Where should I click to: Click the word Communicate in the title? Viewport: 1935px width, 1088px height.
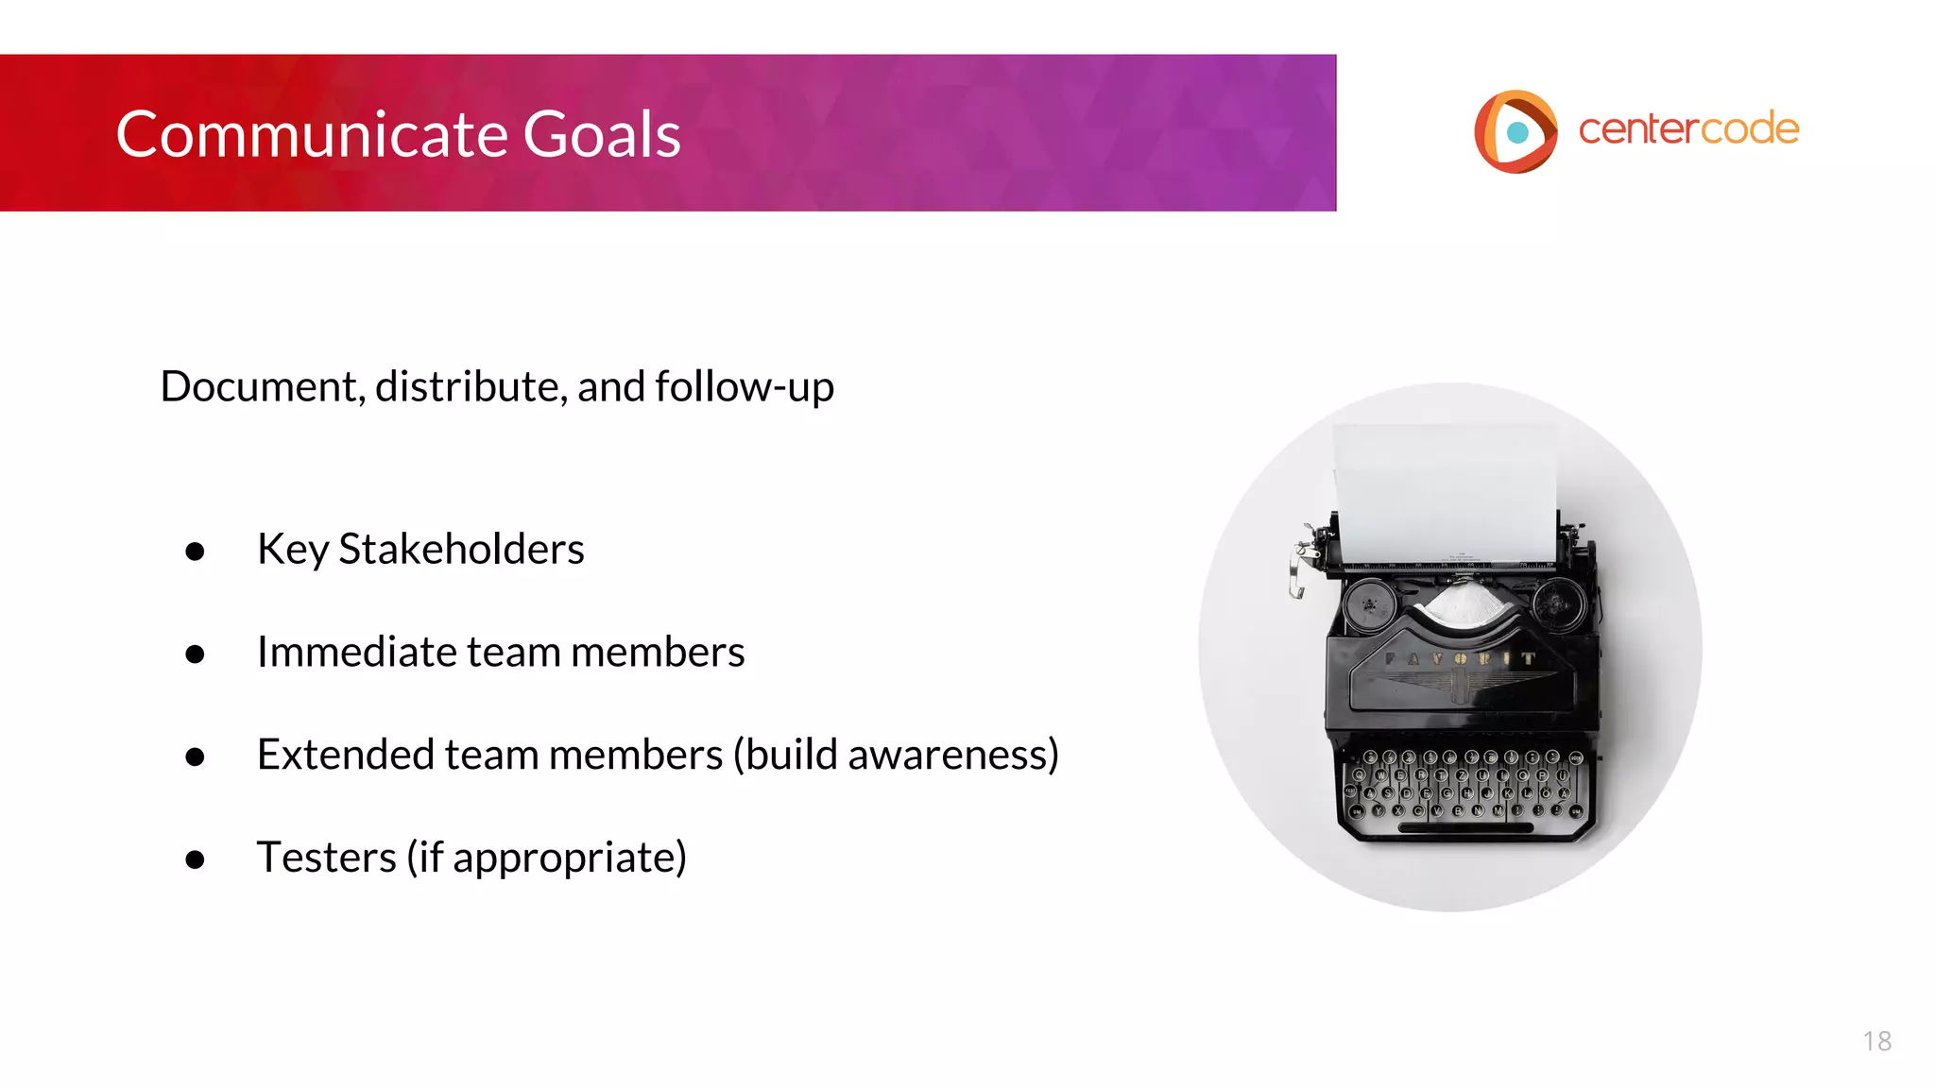pyautogui.click(x=312, y=134)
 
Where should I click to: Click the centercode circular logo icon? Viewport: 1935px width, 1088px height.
pyautogui.click(x=1515, y=131)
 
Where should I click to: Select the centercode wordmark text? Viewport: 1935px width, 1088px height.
pyautogui.click(x=1688, y=129)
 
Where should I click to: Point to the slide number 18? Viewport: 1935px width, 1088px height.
pyautogui.click(x=1876, y=1041)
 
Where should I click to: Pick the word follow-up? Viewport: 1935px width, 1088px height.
pyautogui.click(x=744, y=386)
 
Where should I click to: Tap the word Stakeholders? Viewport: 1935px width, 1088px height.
pyautogui.click(x=461, y=549)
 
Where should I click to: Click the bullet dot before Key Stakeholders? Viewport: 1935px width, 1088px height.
pyautogui.click(x=196, y=552)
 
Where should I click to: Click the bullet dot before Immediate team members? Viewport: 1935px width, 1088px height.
pyautogui.click(x=196, y=654)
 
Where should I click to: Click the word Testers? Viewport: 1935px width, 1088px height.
pyautogui.click(x=326, y=858)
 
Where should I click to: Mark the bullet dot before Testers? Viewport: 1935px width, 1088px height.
pyautogui.click(x=196, y=859)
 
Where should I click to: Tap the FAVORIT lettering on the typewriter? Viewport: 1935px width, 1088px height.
pyautogui.click(x=1461, y=658)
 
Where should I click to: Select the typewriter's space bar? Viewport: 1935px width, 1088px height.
pyautogui.click(x=1465, y=828)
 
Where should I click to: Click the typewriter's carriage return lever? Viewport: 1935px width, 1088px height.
pyautogui.click(x=1301, y=567)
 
